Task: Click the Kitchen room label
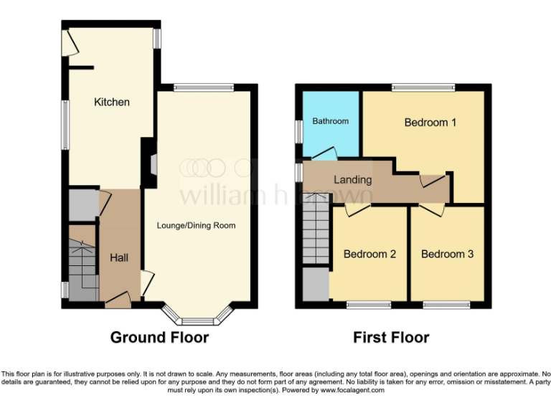tap(112, 103)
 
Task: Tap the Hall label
tap(118, 257)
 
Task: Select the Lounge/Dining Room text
tap(196, 226)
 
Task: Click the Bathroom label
tap(330, 121)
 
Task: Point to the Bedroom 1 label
tap(430, 123)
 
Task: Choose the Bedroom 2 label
tap(369, 255)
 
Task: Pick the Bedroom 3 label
tap(447, 255)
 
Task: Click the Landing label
tap(352, 180)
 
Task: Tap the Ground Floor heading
tap(159, 337)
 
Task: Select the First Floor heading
tap(391, 337)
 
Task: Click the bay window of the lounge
tap(197, 315)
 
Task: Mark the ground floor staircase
tap(83, 262)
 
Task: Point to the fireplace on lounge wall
tap(152, 165)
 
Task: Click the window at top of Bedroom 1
tap(423, 87)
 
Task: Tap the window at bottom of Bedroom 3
tap(446, 305)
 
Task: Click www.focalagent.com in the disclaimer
tap(352, 391)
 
